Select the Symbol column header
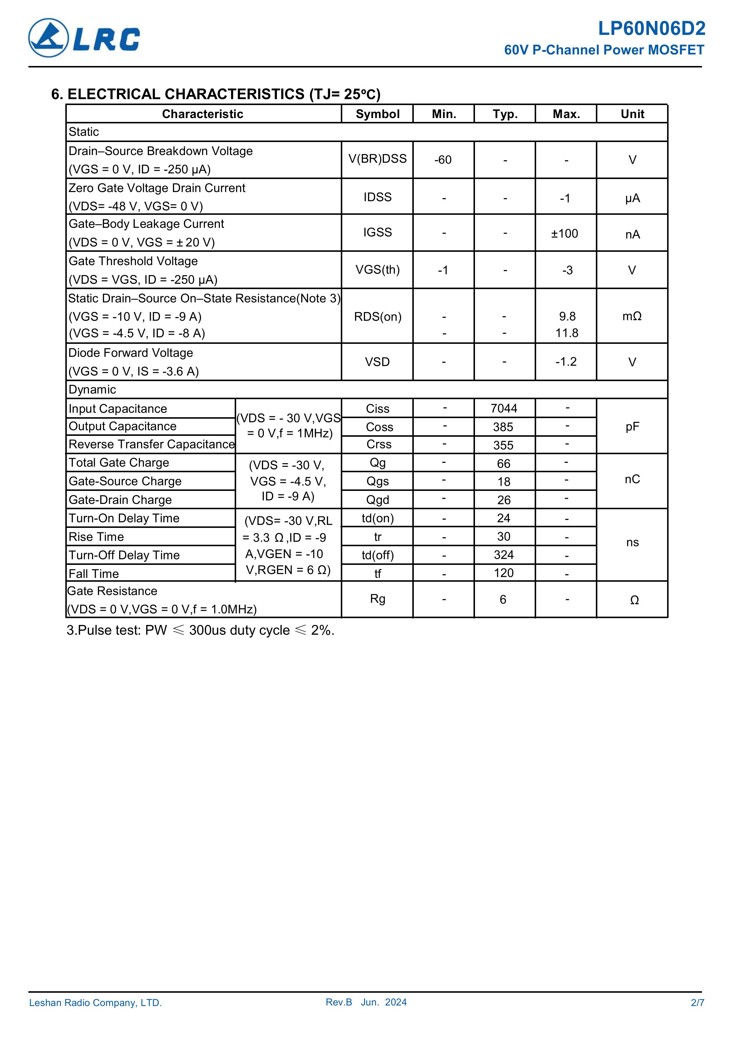point(377,114)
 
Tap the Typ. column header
point(505,114)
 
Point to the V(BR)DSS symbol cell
point(377,159)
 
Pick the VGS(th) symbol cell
point(377,270)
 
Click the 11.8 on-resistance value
point(567,333)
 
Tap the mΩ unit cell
point(632,316)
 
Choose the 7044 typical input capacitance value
point(504,409)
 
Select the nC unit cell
point(632,480)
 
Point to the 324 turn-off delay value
point(504,555)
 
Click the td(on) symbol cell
point(377,518)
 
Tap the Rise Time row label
point(96,537)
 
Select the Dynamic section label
point(92,390)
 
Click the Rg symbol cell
point(377,599)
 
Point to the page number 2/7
point(697,1016)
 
